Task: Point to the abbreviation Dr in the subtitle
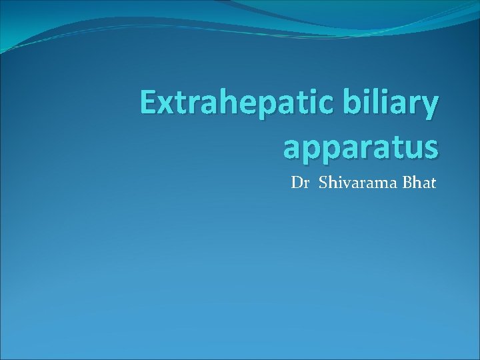pyautogui.click(x=301, y=182)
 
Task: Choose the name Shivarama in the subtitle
pyautogui.click(x=358, y=182)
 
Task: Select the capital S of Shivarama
pyautogui.click(x=323, y=182)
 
